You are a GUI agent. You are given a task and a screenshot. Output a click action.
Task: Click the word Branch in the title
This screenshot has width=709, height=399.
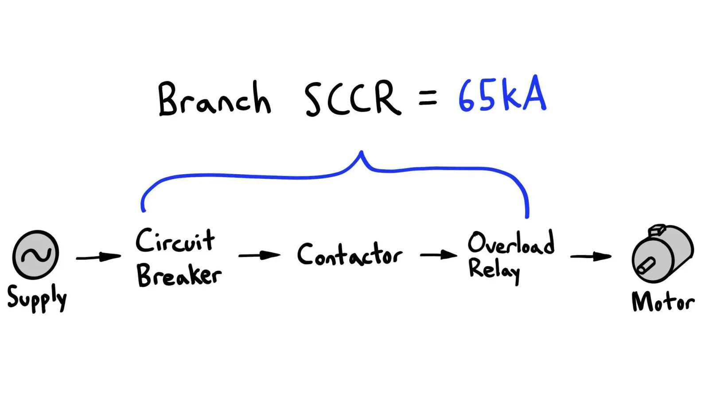coord(214,98)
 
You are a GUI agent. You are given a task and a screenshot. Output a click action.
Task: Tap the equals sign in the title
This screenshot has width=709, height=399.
coord(428,98)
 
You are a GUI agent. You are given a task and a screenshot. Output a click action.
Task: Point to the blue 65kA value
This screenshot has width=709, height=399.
coord(503,94)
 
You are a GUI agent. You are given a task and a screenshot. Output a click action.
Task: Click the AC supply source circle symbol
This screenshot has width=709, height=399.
coord(35,254)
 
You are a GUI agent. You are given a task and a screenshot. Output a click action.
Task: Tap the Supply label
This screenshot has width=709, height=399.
coord(37,299)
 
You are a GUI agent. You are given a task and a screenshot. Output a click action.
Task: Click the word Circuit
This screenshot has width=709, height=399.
coord(175,240)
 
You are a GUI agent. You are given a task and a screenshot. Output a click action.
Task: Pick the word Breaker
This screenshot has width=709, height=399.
coord(179,276)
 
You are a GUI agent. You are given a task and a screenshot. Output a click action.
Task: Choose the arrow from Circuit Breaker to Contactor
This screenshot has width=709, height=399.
coord(260,255)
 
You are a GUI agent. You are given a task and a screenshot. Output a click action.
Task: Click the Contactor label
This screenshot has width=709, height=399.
coord(350,254)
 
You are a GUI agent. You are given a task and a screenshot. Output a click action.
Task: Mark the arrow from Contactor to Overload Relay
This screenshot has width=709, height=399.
coord(439,255)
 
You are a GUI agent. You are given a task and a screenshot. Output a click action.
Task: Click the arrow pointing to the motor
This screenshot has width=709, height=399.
coord(591,257)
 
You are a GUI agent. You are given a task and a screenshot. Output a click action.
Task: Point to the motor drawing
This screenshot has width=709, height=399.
coord(663,253)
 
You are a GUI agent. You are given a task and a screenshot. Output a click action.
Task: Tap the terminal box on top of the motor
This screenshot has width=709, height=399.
coord(657,230)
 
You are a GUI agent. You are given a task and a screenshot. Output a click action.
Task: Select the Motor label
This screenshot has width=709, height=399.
coord(663,301)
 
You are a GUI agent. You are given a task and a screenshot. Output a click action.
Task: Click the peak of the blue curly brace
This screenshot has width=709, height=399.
coord(361,152)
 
